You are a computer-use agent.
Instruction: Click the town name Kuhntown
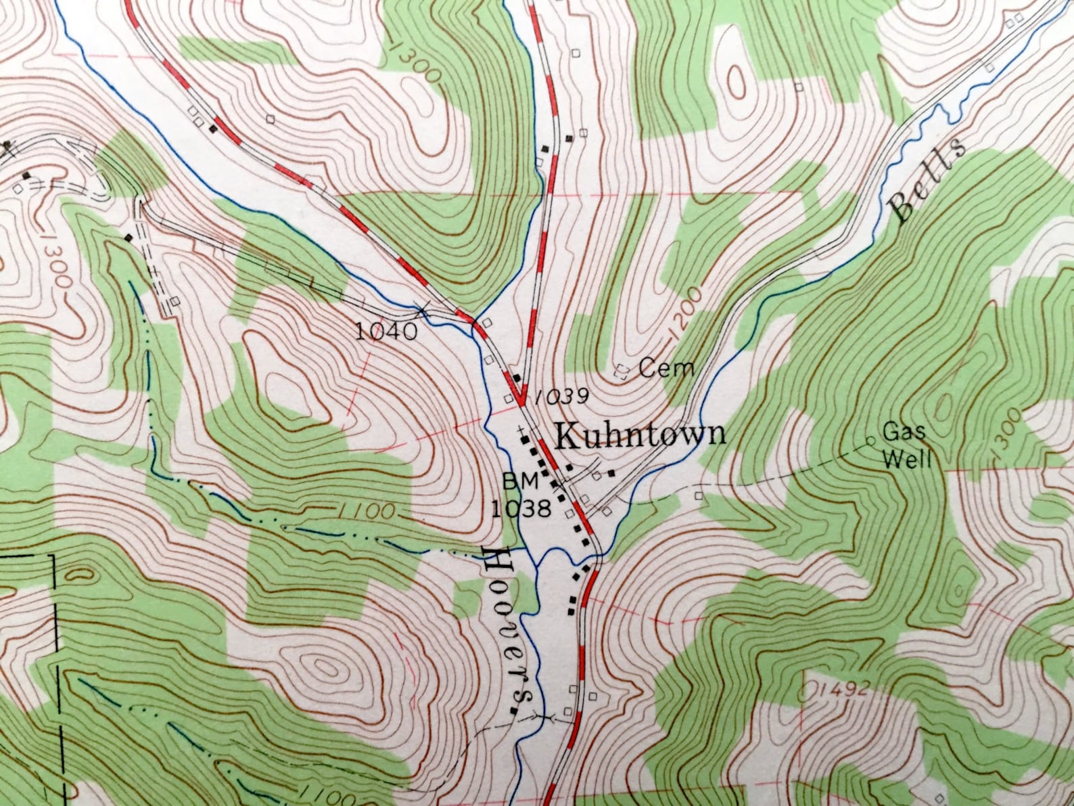[x=640, y=435]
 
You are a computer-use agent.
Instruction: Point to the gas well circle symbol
[x=870, y=441]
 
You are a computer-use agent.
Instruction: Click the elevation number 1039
[x=561, y=397]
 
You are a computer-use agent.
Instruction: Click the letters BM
[x=520, y=481]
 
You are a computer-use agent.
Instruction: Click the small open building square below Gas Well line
[x=699, y=495]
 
